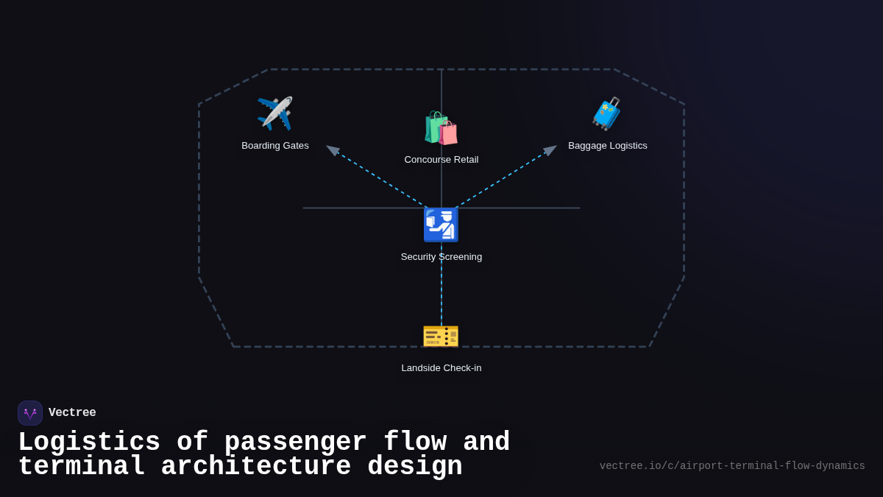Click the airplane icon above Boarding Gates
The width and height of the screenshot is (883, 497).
274,113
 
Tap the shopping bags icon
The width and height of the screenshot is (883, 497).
441,128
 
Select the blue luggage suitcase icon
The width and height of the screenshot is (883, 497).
607,114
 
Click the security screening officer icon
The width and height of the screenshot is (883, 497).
441,225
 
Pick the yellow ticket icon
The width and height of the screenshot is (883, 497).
441,336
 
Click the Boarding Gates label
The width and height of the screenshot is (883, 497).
275,146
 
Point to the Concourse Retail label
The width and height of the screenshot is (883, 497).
441,160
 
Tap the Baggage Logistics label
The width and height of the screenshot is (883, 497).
608,146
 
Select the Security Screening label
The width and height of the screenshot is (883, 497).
441,257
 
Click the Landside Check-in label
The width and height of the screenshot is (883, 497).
441,368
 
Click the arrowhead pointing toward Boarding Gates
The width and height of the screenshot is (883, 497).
333,150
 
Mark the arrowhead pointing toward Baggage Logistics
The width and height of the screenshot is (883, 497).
550,150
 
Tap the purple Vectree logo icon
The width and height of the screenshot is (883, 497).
30,413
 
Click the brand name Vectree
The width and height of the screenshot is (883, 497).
72,413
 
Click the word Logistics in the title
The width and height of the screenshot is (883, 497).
89,443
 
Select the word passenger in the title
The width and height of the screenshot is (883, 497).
295,443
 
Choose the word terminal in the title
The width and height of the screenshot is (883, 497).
81,467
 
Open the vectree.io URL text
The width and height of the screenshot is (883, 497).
732,466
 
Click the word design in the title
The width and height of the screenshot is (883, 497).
415,467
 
